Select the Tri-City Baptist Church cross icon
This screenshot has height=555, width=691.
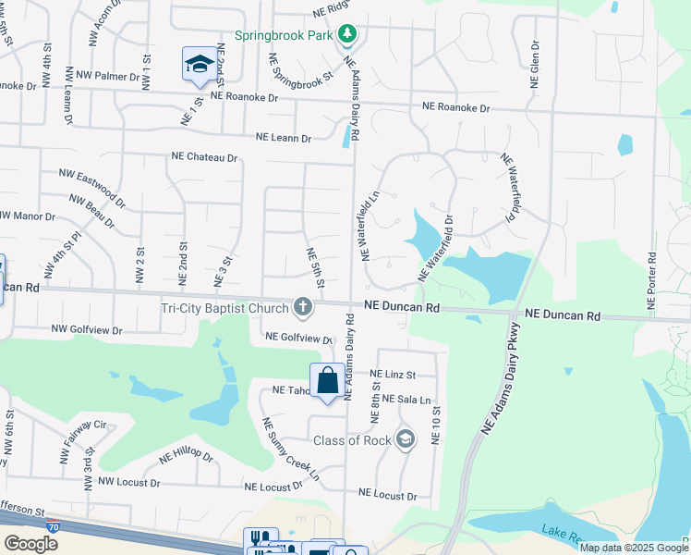[302, 306]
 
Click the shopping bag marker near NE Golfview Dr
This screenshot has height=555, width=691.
[327, 380]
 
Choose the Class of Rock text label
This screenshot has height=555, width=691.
[353, 440]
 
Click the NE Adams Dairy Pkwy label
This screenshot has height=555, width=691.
[500, 381]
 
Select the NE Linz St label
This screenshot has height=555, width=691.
[394, 375]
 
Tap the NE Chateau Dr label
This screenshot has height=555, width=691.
[204, 157]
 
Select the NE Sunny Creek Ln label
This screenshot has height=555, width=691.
[290, 450]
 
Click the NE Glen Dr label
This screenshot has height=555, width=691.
[534, 65]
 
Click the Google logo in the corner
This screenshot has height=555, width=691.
[30, 544]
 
